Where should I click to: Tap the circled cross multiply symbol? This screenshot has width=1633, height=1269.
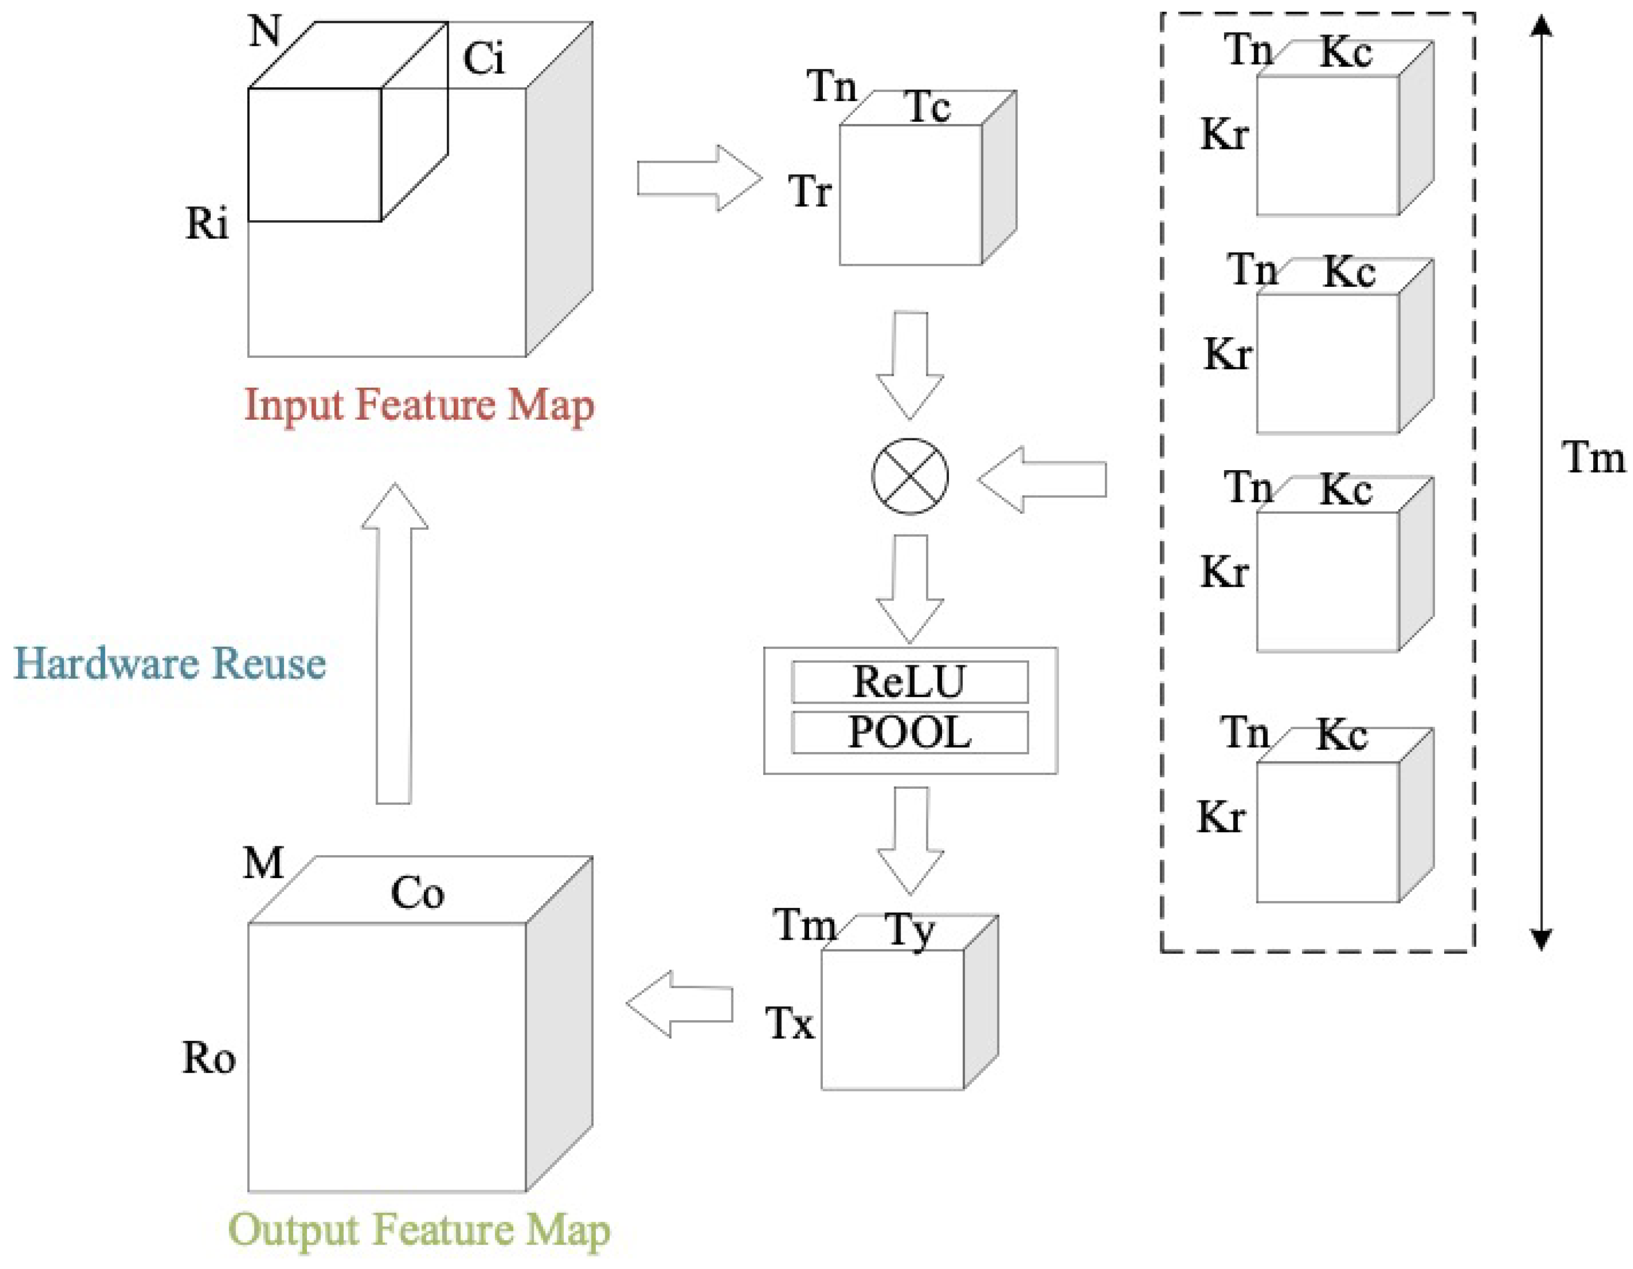pos(910,477)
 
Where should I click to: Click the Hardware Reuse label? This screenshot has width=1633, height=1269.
pos(170,663)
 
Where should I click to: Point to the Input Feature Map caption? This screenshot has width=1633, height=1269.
pos(420,405)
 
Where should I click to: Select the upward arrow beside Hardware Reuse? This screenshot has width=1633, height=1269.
pos(394,643)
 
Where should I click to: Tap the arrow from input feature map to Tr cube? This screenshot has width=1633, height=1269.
pos(699,179)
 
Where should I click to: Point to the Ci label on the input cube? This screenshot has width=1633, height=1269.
pos(484,59)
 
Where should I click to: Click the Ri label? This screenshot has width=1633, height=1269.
pos(206,223)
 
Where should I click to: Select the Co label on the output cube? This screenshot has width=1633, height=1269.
pos(417,893)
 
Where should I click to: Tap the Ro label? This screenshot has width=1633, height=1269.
pos(209,1058)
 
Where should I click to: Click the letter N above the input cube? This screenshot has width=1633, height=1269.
pos(265,31)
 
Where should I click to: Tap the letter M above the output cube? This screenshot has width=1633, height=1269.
pos(264,863)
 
